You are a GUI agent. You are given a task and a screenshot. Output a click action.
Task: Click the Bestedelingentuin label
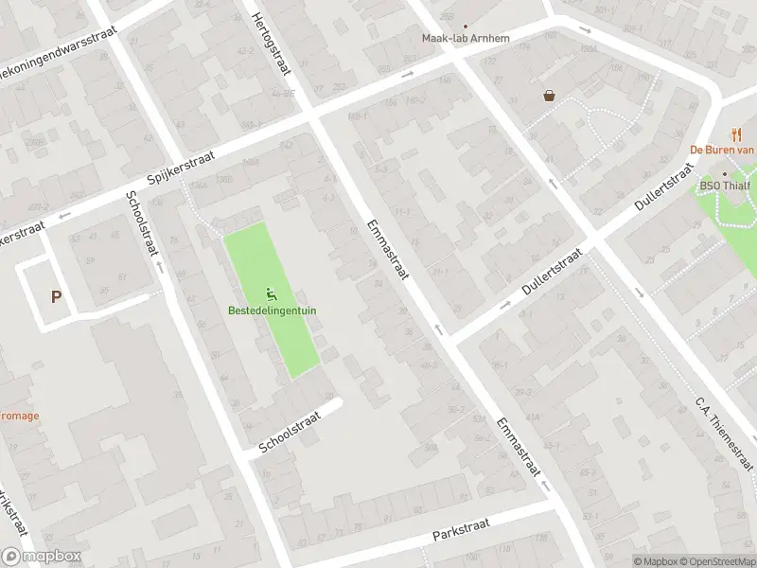(273, 310)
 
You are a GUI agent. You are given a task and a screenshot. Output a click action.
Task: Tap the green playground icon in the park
(273, 293)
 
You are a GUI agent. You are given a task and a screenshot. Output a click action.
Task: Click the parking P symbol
(56, 296)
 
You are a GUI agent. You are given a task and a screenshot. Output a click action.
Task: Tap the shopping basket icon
(549, 95)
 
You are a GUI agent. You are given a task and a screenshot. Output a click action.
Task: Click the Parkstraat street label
(464, 531)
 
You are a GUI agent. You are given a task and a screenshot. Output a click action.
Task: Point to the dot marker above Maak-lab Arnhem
(465, 27)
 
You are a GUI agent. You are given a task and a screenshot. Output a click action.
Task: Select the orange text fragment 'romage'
(19, 415)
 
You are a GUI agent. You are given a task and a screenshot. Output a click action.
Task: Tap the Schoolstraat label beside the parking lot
(142, 224)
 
